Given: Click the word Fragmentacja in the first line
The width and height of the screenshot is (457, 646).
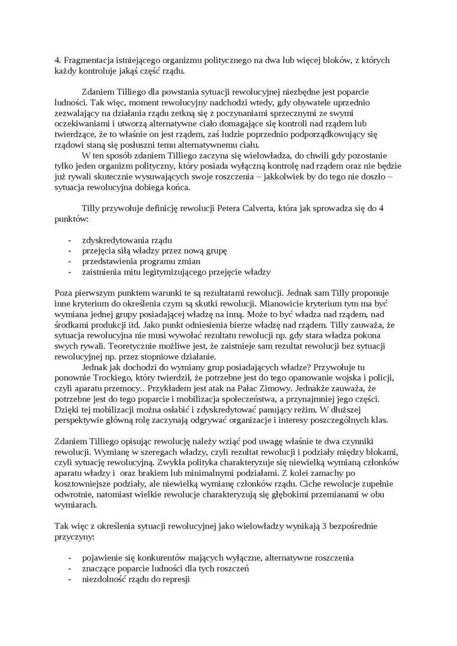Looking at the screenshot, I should pos(90,60).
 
